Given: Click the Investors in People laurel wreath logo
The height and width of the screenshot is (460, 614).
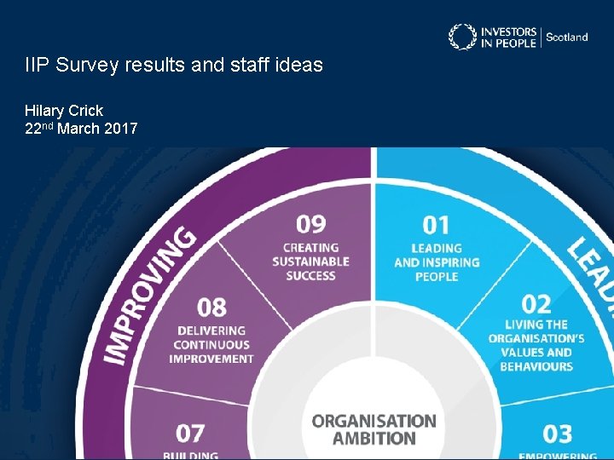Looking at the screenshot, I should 463,37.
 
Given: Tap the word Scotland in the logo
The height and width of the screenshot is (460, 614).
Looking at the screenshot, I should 566,37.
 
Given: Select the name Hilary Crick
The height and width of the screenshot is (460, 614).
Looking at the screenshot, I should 64,111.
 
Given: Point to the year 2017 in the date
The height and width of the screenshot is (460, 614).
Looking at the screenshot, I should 119,129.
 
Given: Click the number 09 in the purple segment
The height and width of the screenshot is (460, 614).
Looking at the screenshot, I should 311,224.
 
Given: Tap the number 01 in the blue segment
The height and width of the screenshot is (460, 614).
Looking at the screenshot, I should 436,225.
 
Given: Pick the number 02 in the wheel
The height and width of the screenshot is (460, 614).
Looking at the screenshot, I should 536,303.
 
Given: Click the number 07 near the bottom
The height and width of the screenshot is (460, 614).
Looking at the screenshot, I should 191,433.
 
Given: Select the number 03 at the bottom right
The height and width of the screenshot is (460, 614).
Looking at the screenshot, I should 557,434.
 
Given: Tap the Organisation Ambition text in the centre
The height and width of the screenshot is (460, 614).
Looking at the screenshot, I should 374,429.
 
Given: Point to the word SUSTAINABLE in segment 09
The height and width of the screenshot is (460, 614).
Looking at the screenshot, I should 311,262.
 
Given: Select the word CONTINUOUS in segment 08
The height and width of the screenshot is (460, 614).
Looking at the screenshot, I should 212,345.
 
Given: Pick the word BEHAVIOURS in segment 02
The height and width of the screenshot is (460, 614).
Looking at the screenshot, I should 536,366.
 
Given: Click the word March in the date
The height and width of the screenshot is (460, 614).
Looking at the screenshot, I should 82,129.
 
